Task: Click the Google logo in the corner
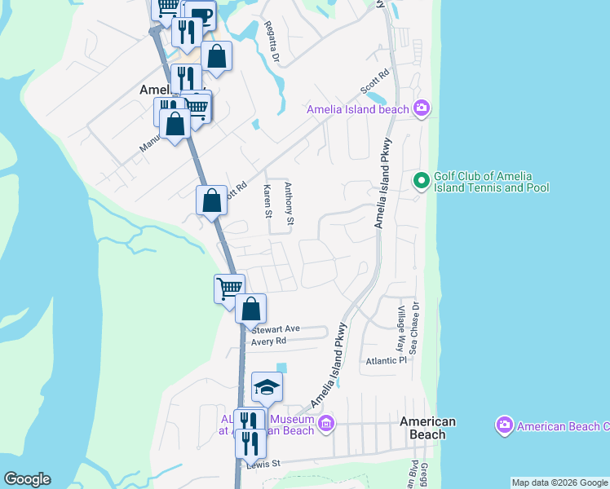27,479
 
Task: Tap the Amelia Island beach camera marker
422,108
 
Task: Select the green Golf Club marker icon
422,181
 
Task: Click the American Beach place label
427,428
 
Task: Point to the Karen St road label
267,201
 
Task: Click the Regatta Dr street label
272,42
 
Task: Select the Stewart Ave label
276,329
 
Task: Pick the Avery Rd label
270,341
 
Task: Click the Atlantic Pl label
386,360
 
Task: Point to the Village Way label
401,328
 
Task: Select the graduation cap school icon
267,387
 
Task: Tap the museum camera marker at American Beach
326,422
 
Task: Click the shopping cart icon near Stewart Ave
229,288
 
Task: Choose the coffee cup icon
201,14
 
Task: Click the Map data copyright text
559,482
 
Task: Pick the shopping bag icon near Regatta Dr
217,56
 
